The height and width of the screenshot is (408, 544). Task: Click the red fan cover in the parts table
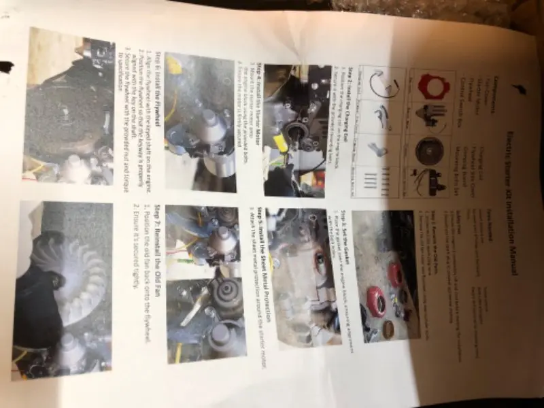tap(432, 86)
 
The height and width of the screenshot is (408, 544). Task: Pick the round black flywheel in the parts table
tap(430, 150)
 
